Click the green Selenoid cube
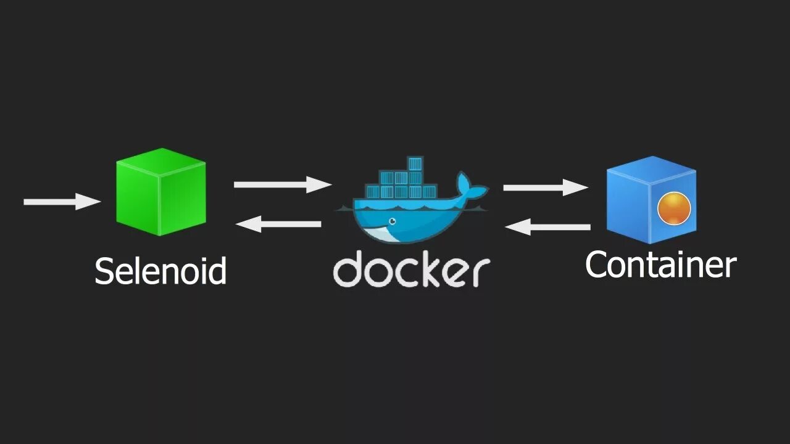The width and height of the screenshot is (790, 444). (160, 192)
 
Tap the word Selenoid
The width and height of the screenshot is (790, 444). (160, 271)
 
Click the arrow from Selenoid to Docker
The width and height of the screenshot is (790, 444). (282, 184)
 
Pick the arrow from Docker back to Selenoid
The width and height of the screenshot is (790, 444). (278, 224)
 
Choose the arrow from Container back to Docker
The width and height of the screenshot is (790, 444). (547, 228)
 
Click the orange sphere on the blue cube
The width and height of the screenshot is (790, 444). (673, 208)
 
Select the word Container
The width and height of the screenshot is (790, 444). (660, 265)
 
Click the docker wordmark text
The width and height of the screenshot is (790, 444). (412, 270)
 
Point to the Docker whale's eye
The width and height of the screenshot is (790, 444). (390, 221)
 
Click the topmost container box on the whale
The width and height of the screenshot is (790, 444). (414, 164)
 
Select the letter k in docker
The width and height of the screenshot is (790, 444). (430, 269)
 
